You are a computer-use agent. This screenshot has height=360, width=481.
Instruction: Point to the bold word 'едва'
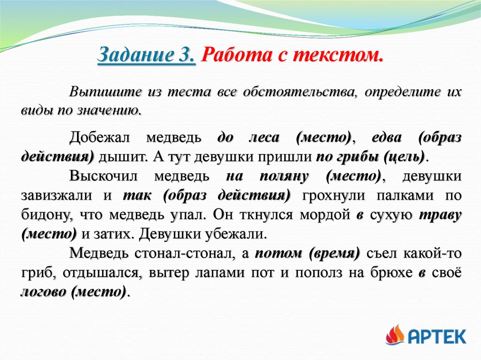point(386,138)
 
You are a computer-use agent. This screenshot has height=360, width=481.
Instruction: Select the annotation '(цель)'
point(404,156)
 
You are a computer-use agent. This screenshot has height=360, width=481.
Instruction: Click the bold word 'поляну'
point(284,176)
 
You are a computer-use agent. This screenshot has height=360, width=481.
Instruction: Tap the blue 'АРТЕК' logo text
point(437,336)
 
